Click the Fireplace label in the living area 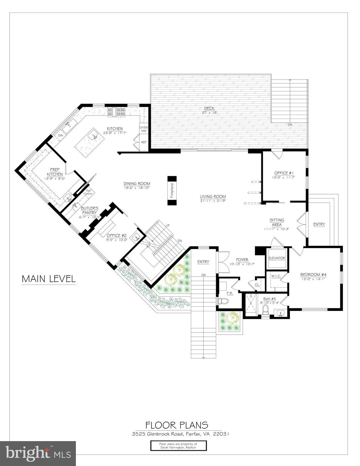click(x=172, y=191)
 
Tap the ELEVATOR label click(x=277, y=258)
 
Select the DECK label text click(x=209, y=108)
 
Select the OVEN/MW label click(x=143, y=129)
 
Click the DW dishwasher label click(x=60, y=135)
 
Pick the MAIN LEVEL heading click(x=49, y=279)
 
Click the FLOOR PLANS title click(x=177, y=425)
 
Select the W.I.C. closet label click(x=276, y=276)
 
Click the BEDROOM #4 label click(x=313, y=275)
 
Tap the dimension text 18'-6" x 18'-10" click(x=137, y=188)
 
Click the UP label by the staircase click(x=168, y=226)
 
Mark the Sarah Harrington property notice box click(x=178, y=446)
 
